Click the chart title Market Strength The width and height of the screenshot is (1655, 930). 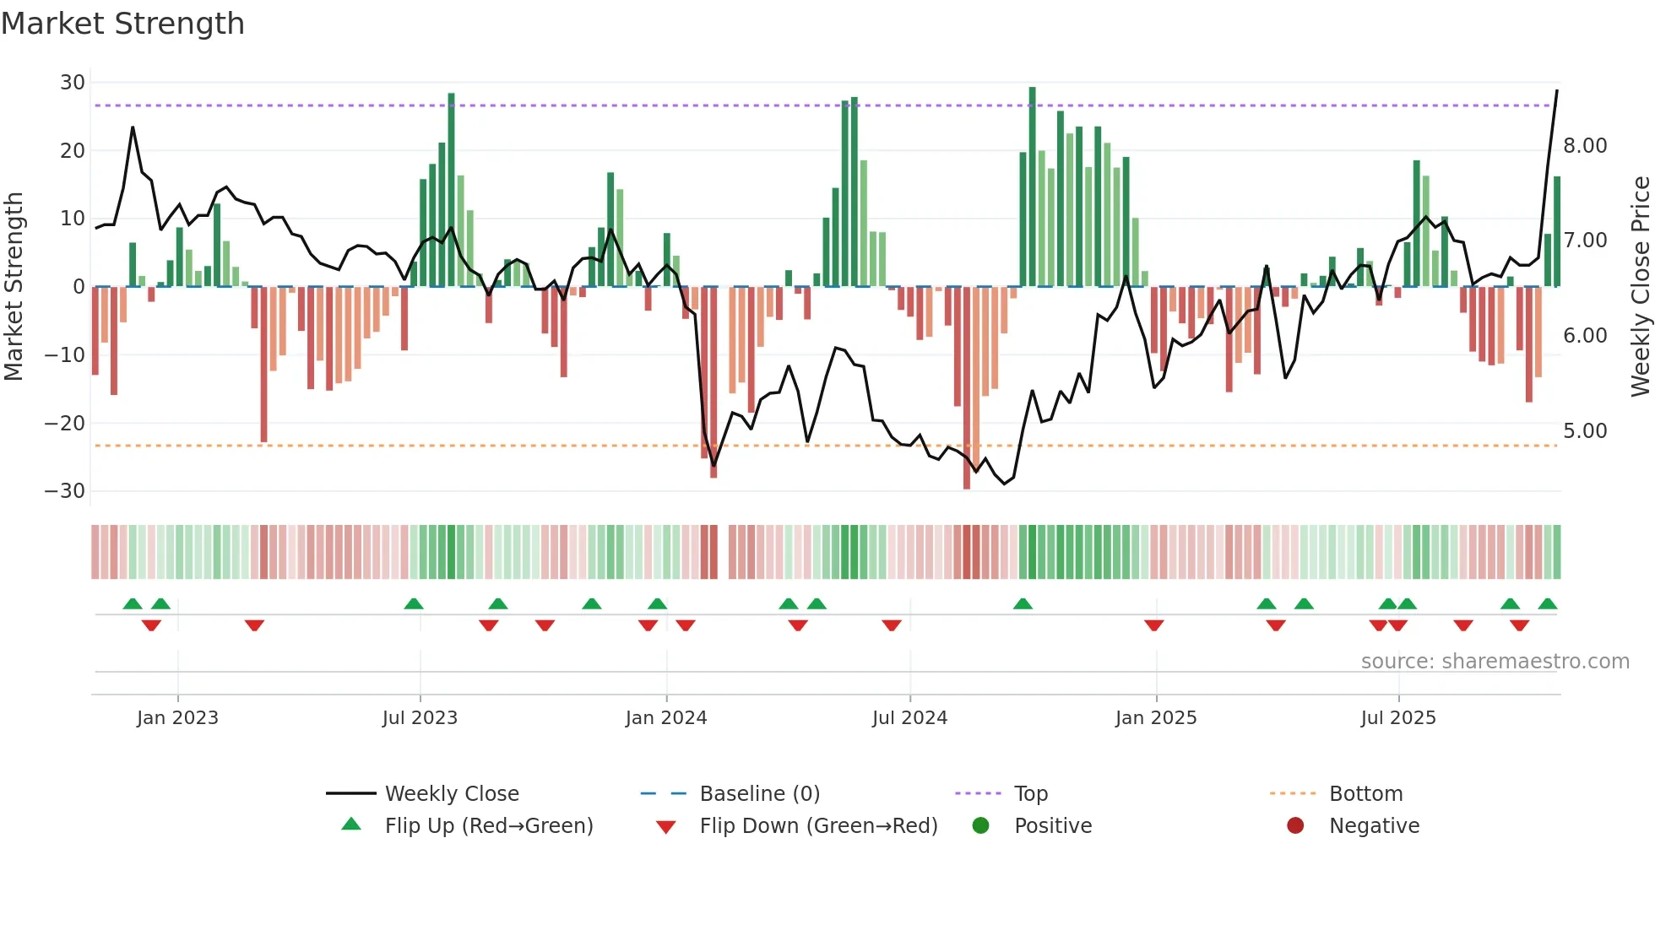click(x=122, y=24)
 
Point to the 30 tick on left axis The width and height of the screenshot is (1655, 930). click(x=73, y=83)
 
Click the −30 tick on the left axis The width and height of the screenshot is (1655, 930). click(x=65, y=491)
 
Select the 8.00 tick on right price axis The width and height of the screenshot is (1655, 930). click(x=1585, y=146)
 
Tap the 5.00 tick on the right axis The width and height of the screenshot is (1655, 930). click(x=1585, y=431)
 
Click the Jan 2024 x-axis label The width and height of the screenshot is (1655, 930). click(x=665, y=718)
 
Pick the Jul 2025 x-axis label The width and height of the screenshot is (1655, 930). click(x=1397, y=718)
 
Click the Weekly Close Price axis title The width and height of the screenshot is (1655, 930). click(x=1640, y=287)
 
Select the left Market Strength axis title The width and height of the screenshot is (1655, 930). click(x=14, y=287)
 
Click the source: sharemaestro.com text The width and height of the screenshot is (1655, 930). click(x=1495, y=662)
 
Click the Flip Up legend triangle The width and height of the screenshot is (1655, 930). click(x=351, y=825)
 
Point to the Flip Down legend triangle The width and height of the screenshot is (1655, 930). click(x=665, y=827)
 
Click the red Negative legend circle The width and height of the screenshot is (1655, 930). click(x=1295, y=825)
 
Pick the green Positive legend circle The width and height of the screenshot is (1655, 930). click(x=980, y=825)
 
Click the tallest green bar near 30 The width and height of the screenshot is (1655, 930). click(x=1032, y=186)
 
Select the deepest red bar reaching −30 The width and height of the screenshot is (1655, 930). click(x=967, y=388)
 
